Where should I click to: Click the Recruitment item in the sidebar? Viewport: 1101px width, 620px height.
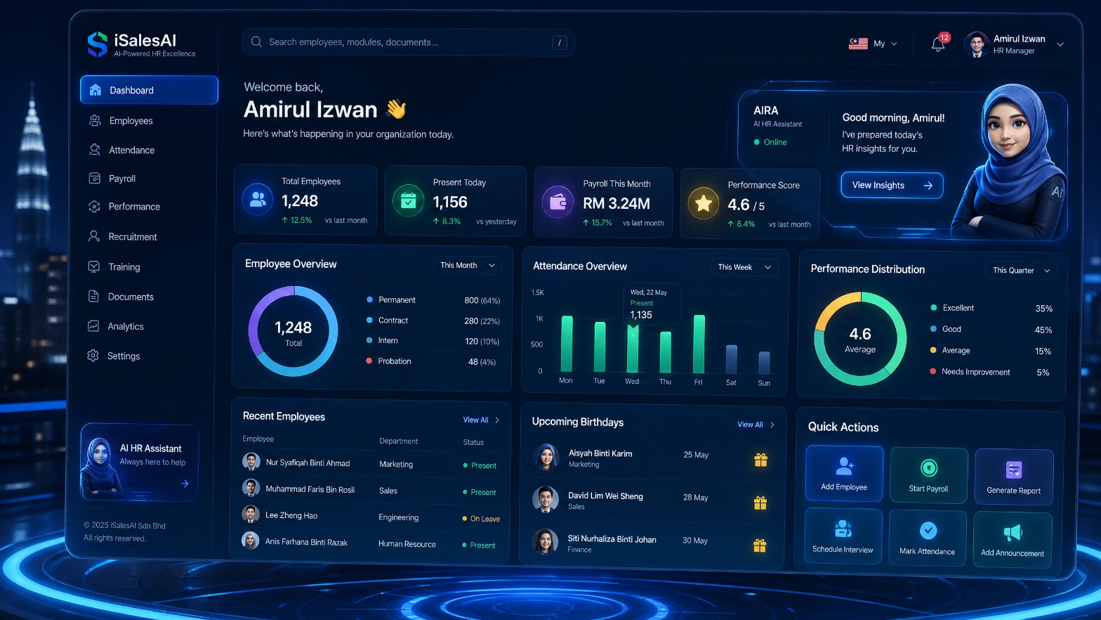click(123, 237)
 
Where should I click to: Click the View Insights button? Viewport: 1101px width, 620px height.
click(892, 186)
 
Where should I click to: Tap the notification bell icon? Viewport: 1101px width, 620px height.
click(938, 45)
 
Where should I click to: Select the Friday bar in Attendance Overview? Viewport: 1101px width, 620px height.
click(699, 344)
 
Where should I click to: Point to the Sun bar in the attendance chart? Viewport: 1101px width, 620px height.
click(764, 363)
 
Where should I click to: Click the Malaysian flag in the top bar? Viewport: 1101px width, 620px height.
click(858, 44)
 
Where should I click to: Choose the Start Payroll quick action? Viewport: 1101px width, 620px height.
click(928, 475)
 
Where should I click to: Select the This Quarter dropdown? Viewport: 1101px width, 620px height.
click(1021, 271)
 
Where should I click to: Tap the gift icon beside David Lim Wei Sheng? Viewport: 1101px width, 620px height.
click(760, 503)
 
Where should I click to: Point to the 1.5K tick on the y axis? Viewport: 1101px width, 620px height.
click(538, 292)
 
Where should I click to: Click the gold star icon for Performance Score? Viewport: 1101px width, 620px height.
click(704, 203)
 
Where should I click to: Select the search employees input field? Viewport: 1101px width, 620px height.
click(408, 42)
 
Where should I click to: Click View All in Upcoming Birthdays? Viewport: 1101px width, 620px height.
click(750, 425)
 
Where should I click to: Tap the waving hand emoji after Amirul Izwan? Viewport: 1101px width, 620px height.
click(396, 109)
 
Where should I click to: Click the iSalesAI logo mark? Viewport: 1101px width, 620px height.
click(98, 44)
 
